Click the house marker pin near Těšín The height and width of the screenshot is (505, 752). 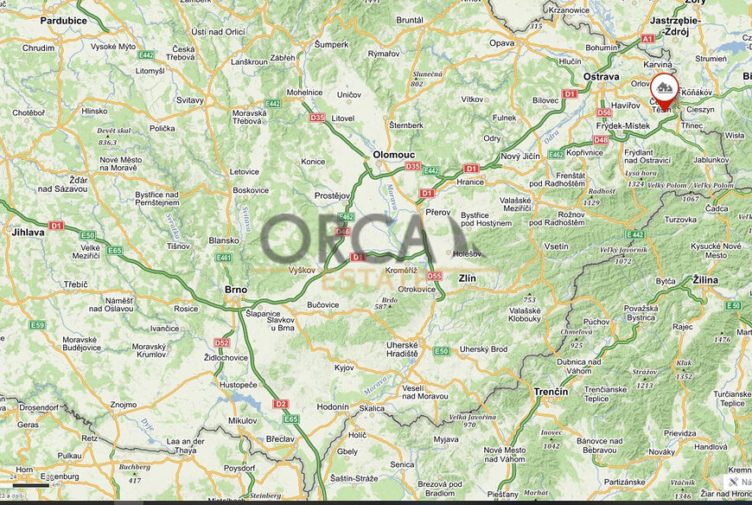(664, 89)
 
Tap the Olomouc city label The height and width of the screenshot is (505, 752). (393, 154)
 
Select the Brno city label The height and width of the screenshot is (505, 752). (235, 290)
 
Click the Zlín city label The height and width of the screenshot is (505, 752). (468, 278)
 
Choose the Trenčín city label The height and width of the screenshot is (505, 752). (551, 392)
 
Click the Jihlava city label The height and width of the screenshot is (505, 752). (28, 233)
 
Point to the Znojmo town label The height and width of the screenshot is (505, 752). (124, 404)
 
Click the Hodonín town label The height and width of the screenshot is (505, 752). (333, 406)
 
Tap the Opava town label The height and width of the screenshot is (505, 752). (501, 42)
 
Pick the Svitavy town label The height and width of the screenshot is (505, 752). (189, 100)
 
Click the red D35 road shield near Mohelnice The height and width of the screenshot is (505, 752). (317, 117)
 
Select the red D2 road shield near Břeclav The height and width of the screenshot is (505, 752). (279, 404)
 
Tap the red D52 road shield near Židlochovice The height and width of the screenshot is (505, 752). (221, 342)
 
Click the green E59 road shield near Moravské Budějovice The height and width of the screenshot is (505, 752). (36, 325)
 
